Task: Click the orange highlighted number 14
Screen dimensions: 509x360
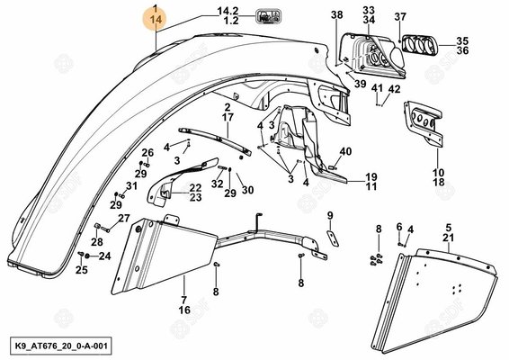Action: point(156,20)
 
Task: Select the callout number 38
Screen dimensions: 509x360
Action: point(337,15)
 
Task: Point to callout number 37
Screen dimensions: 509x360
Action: point(400,16)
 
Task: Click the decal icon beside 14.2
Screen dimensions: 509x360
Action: point(269,16)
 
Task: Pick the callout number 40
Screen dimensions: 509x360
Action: point(345,151)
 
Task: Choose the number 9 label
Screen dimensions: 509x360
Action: point(330,215)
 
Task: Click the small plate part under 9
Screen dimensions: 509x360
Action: point(333,238)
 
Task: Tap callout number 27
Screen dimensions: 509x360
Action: point(124,218)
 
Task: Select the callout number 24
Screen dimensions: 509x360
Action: point(104,256)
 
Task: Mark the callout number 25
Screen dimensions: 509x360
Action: point(82,270)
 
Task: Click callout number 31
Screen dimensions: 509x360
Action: point(131,186)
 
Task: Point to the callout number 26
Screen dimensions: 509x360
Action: point(147,152)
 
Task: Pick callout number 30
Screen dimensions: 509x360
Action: point(247,190)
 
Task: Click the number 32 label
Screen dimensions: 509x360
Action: point(217,184)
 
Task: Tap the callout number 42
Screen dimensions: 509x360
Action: point(395,89)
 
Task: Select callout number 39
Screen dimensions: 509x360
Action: point(360,84)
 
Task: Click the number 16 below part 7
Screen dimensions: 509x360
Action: point(184,310)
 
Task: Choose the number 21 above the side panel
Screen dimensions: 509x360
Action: point(448,238)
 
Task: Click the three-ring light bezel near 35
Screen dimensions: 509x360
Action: point(420,44)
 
